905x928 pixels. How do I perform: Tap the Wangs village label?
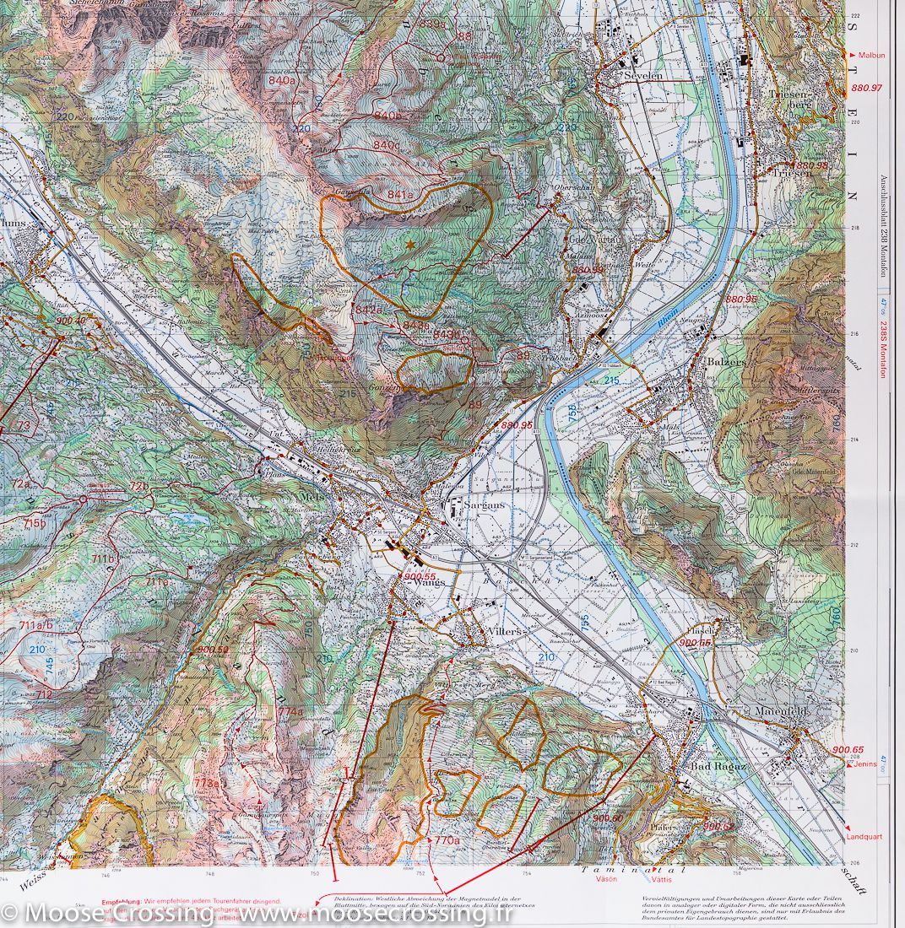[x=429, y=582]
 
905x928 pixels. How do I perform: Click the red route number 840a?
[x=281, y=80]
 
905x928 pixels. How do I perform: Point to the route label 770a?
[x=447, y=840]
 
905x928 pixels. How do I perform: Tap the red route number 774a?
[x=290, y=711]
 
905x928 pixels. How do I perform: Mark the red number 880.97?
[x=866, y=88]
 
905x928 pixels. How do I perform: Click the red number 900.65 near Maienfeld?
[x=848, y=749]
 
